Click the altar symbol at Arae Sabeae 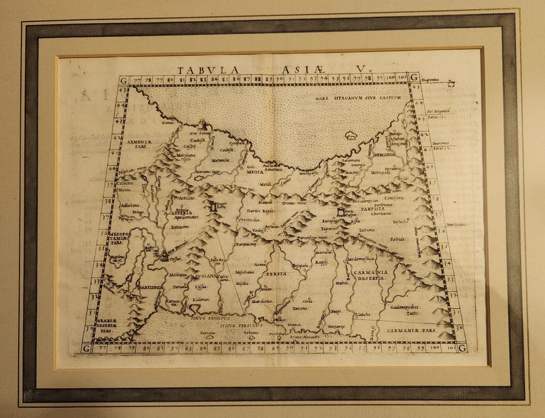(x=203, y=124)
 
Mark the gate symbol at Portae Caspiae (x=341, y=212)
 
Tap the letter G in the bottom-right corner (x=460, y=348)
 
